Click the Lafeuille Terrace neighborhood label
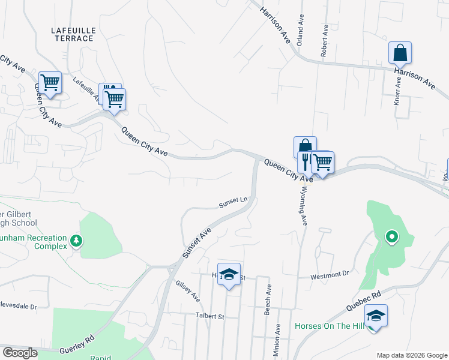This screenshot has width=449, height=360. pos(73,33)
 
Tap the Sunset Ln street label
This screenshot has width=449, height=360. pos(233,203)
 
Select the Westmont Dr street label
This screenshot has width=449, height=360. pos(330,276)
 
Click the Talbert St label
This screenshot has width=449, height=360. pos(209,316)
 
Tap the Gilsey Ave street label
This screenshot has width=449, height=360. pos(187,290)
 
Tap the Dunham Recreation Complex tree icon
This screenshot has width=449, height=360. pos(76,241)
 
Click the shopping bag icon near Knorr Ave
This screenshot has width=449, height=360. pos(400,53)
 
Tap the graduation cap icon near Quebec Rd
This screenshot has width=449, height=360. pos(376,316)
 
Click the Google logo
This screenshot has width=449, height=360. pos(20,353)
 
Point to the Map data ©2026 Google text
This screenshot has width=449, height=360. pos(411,355)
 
